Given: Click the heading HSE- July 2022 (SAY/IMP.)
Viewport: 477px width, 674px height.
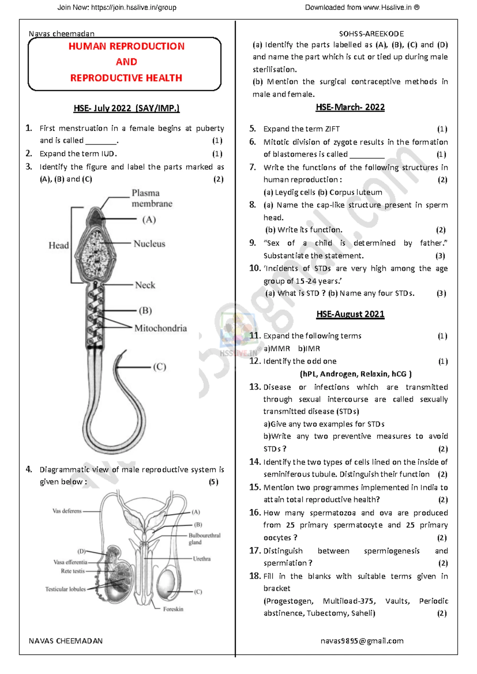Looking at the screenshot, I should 126,108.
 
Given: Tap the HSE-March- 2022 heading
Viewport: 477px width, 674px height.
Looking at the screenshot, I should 350,107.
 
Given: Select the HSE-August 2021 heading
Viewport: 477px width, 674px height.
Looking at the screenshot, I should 350,314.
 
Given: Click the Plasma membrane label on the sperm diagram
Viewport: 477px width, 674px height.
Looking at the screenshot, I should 152,198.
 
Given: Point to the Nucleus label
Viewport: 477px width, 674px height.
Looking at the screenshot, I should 149,244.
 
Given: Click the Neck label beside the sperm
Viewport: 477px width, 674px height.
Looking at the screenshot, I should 145,285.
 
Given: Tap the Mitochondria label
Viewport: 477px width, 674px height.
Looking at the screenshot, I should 160,328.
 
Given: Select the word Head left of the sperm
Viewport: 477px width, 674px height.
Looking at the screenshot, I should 59,245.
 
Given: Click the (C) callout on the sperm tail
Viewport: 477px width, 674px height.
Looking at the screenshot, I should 159,367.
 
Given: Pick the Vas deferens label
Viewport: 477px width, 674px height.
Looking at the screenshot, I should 67,511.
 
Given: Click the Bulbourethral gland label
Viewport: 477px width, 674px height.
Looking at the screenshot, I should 204,538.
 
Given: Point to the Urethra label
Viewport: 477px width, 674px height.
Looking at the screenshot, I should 202,559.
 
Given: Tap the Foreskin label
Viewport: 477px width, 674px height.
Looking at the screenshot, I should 173,609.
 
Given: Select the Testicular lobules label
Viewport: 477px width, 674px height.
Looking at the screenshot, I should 65,589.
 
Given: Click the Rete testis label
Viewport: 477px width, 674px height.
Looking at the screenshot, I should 73,571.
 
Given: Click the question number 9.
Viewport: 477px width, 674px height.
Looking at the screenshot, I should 252,243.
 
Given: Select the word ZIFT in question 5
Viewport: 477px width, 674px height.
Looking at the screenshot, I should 332,129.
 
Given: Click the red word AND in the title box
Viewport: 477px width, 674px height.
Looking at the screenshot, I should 126,62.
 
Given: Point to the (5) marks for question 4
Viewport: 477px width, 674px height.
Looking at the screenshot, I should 213,482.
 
